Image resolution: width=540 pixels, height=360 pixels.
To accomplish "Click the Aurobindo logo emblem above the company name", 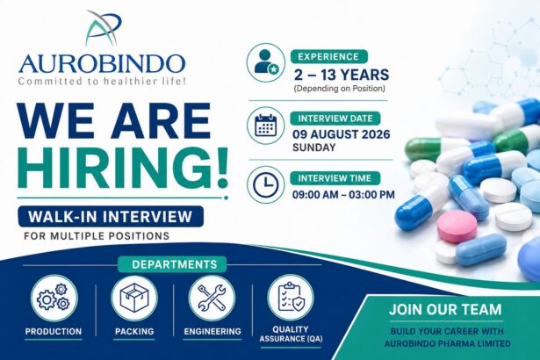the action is coord(104,29).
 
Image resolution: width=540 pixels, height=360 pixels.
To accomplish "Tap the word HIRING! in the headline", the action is coord(123,168).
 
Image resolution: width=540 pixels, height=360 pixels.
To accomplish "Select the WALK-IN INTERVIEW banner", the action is coord(111,216).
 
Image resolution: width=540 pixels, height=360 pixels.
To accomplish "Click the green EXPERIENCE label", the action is coord(329,56).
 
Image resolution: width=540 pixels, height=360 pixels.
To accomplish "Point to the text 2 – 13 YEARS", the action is coord(341,75).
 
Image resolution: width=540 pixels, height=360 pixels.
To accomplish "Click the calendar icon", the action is coord(266,126).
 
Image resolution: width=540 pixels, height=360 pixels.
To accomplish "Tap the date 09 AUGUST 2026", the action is coord(342,134).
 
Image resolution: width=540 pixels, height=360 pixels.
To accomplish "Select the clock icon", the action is coord(266,184).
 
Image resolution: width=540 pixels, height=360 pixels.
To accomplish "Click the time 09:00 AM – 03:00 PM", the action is coord(343,195).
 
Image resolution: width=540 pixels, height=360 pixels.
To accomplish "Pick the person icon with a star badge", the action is coord(266,62).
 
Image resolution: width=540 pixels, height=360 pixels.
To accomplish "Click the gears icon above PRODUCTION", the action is coord(54,298).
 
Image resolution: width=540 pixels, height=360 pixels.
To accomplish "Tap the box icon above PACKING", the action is coord(134,298).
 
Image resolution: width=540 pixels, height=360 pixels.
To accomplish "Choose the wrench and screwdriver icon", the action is coord(212,298).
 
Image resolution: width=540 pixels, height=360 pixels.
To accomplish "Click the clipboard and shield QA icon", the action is coord(291,298).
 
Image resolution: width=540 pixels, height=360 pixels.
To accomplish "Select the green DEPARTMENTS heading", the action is coord(175,264).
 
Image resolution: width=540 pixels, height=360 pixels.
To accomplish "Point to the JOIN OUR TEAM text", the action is coord(446,309).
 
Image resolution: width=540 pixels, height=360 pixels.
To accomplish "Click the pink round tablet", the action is coord(457,227).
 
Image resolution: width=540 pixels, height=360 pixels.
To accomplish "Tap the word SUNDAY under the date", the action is coord(313,148).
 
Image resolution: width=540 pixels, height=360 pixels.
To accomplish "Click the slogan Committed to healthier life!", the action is coord(102,82).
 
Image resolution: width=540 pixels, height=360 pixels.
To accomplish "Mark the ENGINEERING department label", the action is coord(212,331).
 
